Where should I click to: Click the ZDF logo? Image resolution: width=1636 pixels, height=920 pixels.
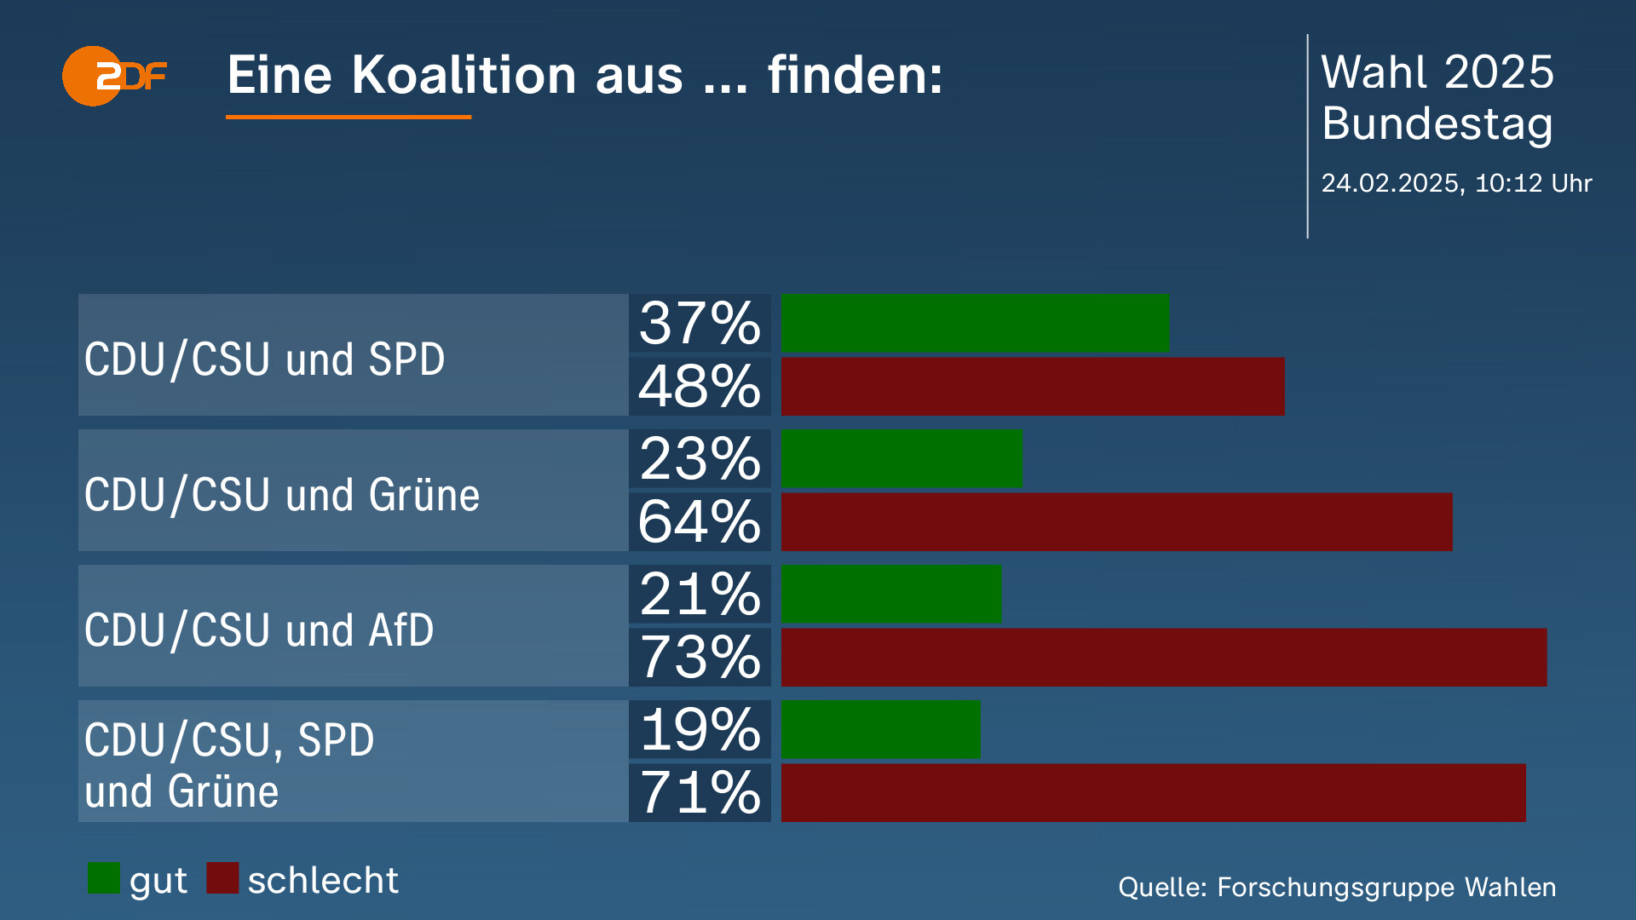tap(113, 76)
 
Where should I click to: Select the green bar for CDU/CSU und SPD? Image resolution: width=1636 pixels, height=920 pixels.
tap(975, 323)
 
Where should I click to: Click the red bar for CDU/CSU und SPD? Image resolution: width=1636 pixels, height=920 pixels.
tap(1032, 387)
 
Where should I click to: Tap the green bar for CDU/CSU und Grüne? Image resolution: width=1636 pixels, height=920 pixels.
tap(902, 458)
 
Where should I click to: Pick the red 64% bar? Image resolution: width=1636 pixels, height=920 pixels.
tap(1116, 521)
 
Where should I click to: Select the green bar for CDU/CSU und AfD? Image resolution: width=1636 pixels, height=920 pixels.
tap(891, 594)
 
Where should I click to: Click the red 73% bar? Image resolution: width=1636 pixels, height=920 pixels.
tap(1163, 657)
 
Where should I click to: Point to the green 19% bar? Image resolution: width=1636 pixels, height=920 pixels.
tap(881, 729)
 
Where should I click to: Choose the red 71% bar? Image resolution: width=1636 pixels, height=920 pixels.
tap(1153, 792)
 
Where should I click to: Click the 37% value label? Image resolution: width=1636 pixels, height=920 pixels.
tap(700, 323)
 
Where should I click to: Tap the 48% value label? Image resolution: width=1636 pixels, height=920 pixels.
tap(700, 387)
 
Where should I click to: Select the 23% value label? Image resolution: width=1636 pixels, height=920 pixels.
tap(700, 458)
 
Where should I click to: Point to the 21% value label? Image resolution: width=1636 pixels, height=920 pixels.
tap(700, 594)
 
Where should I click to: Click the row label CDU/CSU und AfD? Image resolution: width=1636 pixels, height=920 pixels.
tap(259, 630)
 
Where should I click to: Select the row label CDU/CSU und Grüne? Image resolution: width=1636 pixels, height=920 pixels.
tap(281, 495)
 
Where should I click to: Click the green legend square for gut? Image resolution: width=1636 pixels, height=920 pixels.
tap(104, 878)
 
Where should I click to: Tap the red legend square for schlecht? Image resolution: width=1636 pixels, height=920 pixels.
tap(222, 878)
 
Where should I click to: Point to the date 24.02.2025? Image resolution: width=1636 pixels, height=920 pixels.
tap(1390, 183)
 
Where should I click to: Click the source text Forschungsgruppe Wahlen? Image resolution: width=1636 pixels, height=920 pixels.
tap(1385, 887)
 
